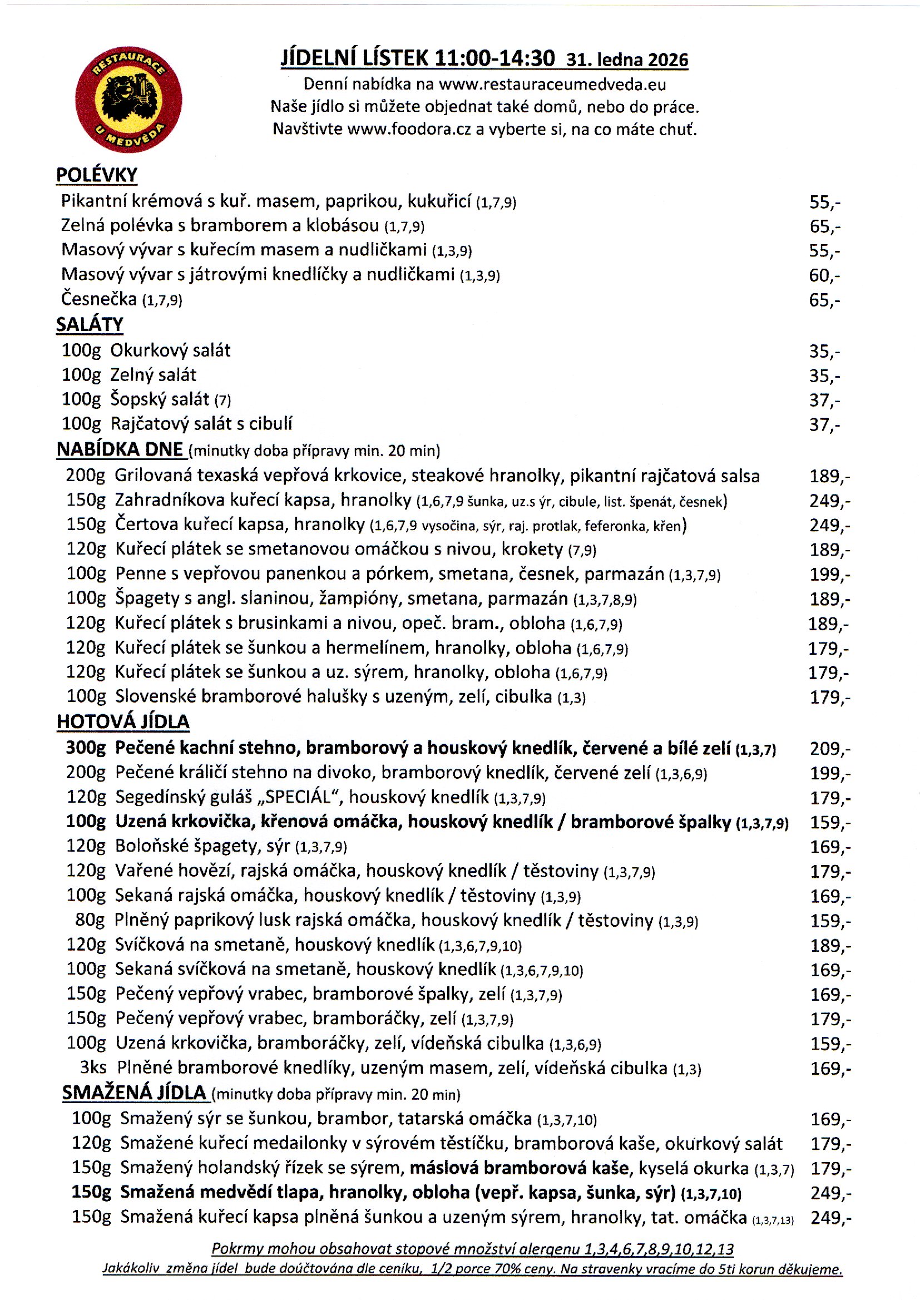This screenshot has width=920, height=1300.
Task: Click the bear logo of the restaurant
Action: point(128,100)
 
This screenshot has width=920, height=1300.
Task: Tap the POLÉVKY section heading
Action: point(96,175)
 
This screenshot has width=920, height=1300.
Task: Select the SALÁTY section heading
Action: point(90,324)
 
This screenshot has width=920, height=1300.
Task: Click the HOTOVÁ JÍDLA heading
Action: point(123,721)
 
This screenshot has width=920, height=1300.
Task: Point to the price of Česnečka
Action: point(824,300)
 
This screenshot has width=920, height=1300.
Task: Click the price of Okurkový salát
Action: point(824,352)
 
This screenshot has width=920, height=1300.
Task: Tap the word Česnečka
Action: point(99,299)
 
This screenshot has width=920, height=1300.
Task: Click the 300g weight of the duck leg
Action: point(86,748)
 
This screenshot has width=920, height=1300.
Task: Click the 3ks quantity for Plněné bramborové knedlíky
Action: point(93,1067)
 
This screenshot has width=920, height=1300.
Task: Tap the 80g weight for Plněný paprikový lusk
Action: point(90,920)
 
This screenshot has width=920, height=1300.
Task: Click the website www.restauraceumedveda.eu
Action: point(552,85)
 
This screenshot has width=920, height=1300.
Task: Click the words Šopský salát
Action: point(160,399)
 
